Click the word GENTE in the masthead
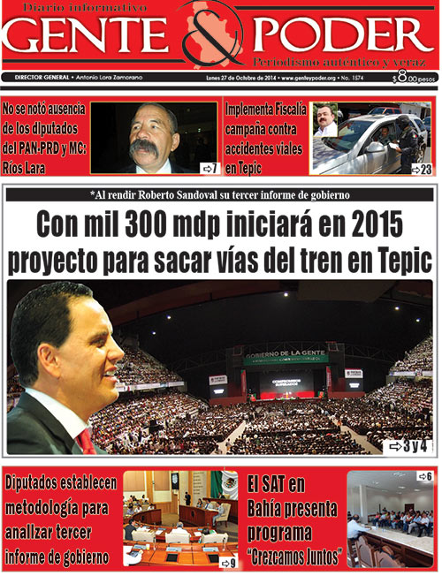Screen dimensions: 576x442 88,35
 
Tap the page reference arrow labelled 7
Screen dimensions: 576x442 209,167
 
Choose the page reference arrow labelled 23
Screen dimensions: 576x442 421,168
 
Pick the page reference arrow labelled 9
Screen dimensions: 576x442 227,562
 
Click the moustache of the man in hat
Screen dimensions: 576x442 144,147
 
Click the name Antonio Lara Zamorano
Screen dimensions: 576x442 112,78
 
